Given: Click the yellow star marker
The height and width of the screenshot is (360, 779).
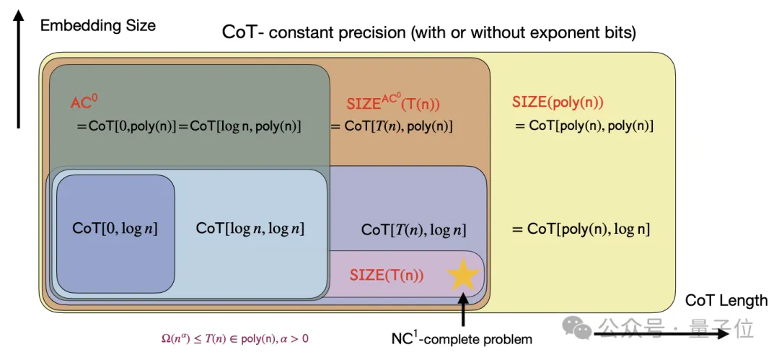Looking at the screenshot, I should click(x=462, y=275).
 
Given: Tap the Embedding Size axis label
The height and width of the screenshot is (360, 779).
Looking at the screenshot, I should click(x=97, y=26).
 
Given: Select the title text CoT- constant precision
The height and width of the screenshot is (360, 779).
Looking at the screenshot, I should click(x=429, y=32).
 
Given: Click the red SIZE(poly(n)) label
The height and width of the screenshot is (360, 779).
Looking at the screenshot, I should click(x=558, y=102).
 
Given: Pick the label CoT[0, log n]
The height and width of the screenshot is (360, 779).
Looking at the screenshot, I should click(x=115, y=229).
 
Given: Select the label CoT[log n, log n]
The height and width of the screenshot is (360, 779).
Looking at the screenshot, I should click(x=250, y=229).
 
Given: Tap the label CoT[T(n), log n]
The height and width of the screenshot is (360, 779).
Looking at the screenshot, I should click(x=413, y=230).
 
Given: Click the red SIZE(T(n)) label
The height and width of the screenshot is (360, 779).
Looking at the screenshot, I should click(x=387, y=275).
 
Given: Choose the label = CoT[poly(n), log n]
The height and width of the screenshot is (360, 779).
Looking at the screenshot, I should click(x=581, y=229).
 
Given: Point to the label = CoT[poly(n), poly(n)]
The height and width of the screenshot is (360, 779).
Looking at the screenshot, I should click(x=584, y=126).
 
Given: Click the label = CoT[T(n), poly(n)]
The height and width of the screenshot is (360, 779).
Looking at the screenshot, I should click(x=391, y=126).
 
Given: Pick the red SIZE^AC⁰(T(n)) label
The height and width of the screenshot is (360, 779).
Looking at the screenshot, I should click(x=393, y=103).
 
